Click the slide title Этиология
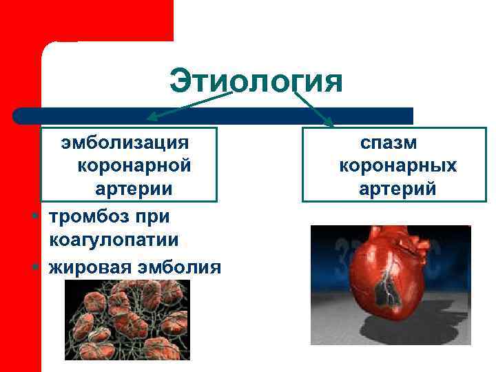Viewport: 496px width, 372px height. click(x=256, y=81)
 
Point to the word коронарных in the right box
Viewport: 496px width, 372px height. click(x=397, y=165)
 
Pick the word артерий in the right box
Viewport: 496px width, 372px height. click(x=397, y=188)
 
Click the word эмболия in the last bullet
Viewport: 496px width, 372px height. click(x=180, y=266)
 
